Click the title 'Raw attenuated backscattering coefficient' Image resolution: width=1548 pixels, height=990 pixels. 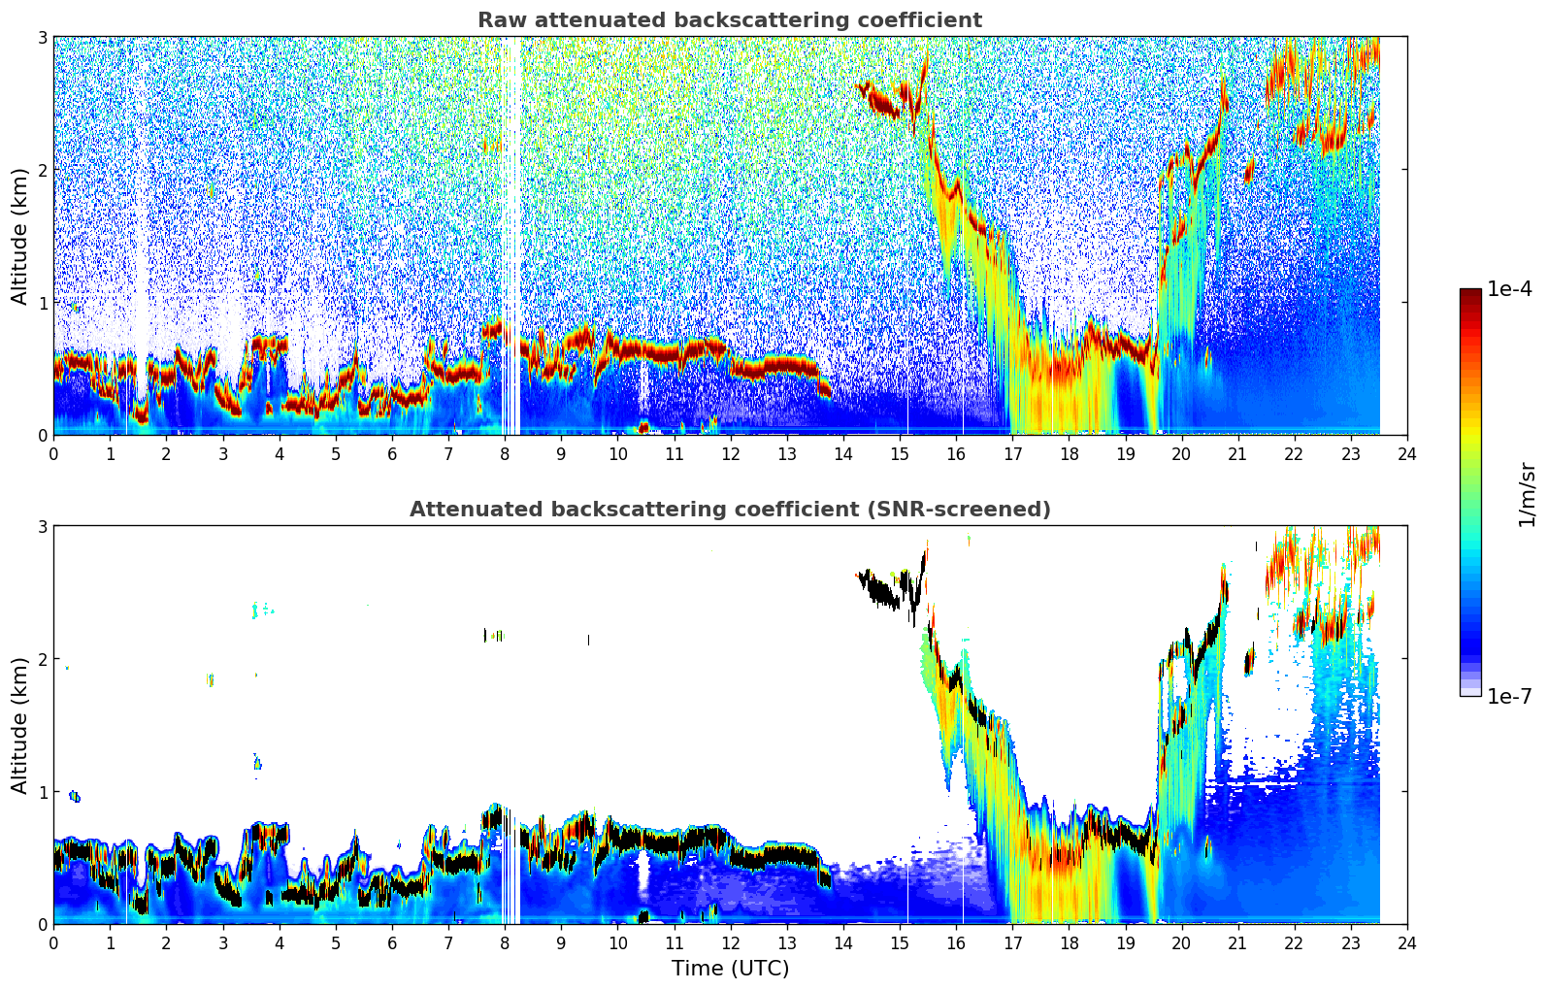(729, 20)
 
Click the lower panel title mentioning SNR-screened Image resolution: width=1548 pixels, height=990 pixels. (729, 510)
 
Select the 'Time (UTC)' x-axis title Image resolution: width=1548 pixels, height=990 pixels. (730, 969)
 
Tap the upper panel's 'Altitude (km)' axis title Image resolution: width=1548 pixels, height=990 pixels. (19, 236)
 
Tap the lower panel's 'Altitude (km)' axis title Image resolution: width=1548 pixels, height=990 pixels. (19, 725)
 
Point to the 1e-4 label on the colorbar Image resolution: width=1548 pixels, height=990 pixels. (1509, 289)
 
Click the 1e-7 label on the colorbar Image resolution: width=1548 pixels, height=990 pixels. (1509, 696)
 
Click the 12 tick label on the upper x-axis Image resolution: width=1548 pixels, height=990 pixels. (730, 453)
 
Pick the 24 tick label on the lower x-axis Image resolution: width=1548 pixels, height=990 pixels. (1406, 942)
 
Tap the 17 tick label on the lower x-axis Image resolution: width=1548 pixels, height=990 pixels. (1012, 942)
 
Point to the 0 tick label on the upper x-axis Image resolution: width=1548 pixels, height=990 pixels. (53, 453)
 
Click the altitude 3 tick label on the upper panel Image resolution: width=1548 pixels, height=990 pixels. (43, 37)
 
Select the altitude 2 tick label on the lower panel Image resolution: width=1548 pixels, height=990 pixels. (43, 659)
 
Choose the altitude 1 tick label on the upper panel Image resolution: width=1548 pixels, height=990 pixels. (43, 303)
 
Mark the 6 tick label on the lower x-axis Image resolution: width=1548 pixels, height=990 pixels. (392, 942)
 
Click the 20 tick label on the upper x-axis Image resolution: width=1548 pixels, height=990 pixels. (1181, 453)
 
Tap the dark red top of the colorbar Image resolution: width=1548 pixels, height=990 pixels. (1469, 294)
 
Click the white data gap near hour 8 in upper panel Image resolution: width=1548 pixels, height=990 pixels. (510, 243)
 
